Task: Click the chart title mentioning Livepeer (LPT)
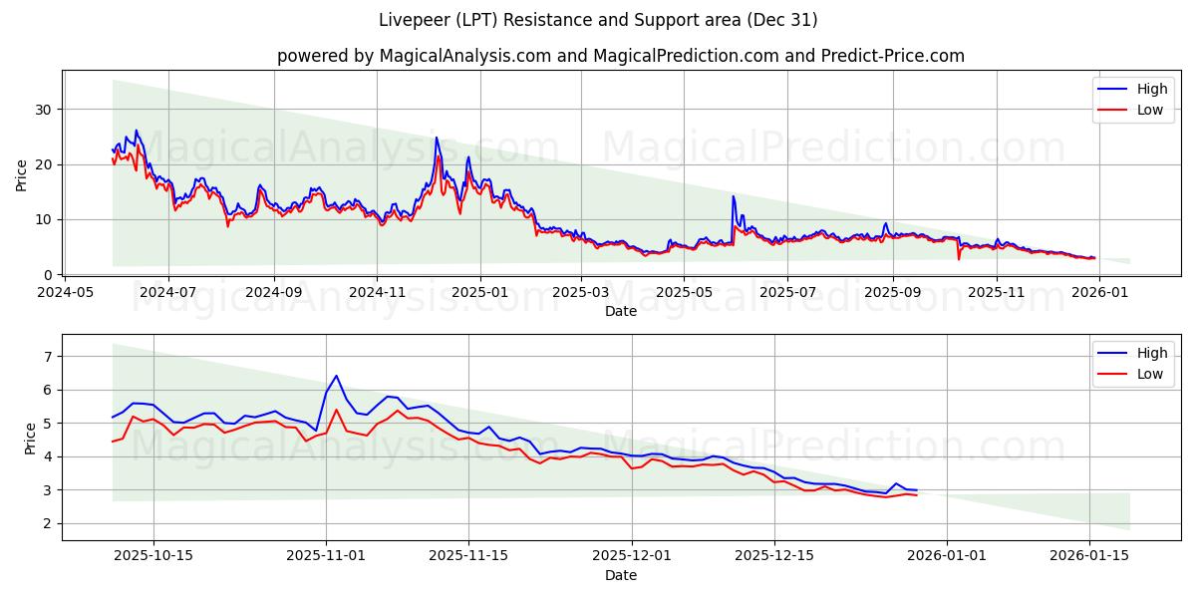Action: (598, 20)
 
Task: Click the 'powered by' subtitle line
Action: (620, 56)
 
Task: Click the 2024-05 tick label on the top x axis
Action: (65, 293)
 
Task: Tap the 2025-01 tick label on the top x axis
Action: (479, 293)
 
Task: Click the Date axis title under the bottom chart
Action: (620, 575)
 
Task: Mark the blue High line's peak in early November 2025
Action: (336, 376)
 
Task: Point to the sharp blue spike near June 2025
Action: (734, 196)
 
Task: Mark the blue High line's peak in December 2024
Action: (437, 138)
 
